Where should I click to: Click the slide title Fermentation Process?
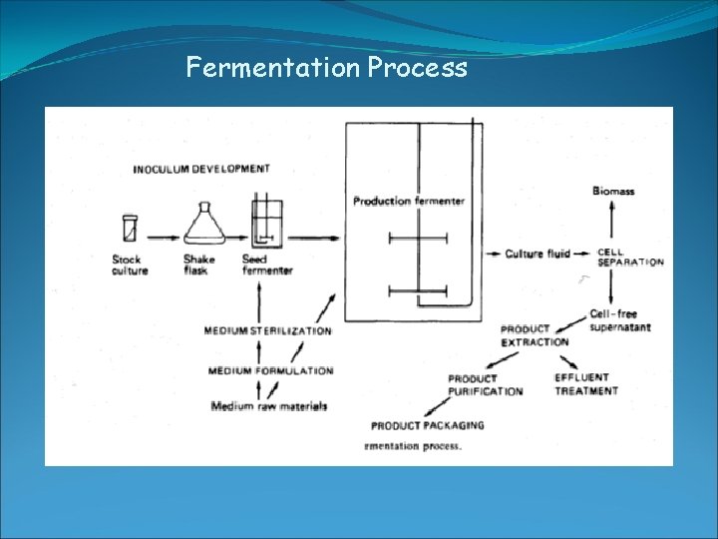coord(326,68)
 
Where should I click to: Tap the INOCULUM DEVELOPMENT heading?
coord(201,169)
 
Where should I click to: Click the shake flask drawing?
coord(200,225)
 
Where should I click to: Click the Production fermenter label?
coord(409,202)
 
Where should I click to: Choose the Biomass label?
coord(612,191)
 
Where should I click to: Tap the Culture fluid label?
coord(538,254)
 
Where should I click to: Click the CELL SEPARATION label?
coord(630,257)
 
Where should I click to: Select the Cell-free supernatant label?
coord(619,320)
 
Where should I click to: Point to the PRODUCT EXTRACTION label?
coord(535,335)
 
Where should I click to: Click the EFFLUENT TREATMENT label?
coord(586,384)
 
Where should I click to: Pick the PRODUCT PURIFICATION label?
coord(485,385)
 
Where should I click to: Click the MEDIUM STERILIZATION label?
coord(268,330)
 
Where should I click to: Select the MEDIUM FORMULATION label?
coord(270,371)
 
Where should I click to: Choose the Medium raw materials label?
coord(269,406)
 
